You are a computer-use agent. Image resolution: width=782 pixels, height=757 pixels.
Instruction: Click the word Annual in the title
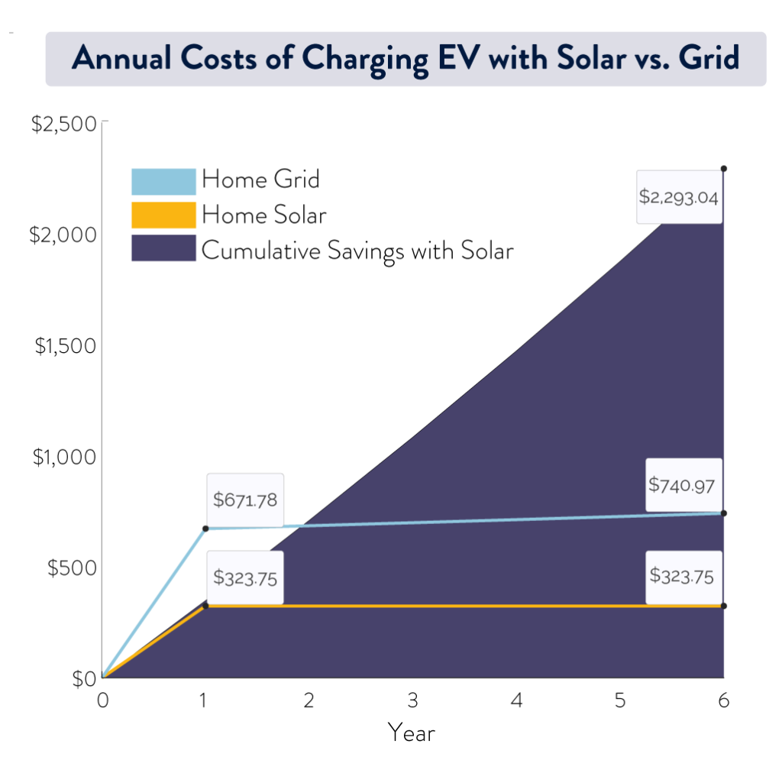pos(118,60)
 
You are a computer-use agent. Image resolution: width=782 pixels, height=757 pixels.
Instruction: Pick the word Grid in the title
pos(710,60)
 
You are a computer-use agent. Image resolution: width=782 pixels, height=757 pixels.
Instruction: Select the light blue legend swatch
pos(163,182)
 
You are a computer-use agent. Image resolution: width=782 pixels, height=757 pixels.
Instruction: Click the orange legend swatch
pos(163,215)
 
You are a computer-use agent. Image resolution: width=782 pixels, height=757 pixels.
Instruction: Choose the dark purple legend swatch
pos(163,248)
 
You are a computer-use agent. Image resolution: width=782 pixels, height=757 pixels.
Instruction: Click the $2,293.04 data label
pos(680,197)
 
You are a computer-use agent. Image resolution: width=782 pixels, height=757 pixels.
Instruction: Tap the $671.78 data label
pos(244,500)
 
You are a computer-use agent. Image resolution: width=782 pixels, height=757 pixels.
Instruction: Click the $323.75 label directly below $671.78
pos(244,577)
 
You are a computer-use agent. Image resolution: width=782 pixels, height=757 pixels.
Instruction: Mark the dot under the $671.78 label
pos(205,529)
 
